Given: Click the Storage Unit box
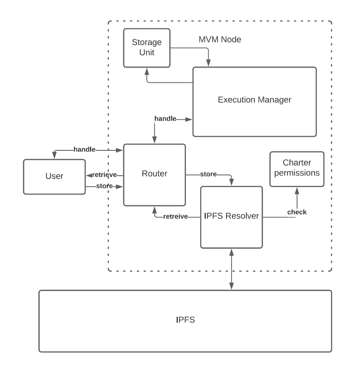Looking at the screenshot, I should (146, 48).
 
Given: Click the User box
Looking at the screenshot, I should (54, 177).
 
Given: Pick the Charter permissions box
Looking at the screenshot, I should (297, 169).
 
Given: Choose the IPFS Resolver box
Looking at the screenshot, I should (231, 217).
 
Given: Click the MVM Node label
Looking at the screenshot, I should (220, 40).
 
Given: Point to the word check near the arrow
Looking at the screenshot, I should (297, 212).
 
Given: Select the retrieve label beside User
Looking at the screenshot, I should (105, 175).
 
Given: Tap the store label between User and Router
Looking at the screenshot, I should (104, 186).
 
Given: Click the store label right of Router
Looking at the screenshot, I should (208, 174).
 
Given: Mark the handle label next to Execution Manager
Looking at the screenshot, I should (165, 119).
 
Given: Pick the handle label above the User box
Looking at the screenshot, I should (84, 149).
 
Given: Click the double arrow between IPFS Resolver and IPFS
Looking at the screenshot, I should (231, 269).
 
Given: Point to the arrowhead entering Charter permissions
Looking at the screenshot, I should (297, 190).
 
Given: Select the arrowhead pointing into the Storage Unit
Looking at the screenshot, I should (147, 70).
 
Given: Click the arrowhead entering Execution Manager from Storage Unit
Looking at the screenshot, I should (208, 64).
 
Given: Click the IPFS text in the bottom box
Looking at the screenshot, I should (185, 320).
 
